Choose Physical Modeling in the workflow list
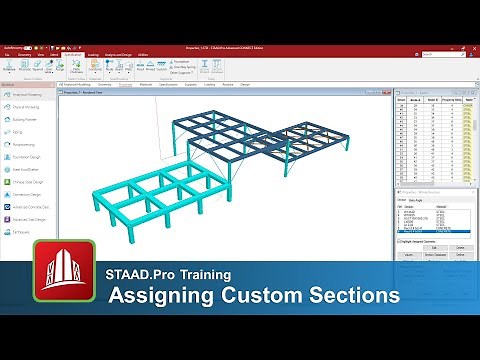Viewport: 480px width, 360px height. [31, 106]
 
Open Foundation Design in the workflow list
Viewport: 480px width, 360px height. [31, 155]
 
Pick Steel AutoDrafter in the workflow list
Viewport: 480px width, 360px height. [31, 168]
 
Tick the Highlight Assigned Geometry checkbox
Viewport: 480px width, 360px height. [399, 241]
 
